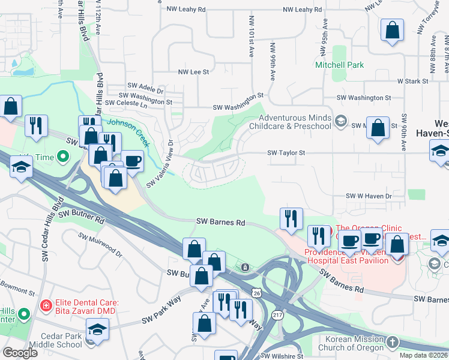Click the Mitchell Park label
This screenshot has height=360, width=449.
pyautogui.click(x=340, y=64)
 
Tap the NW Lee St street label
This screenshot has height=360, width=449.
pyautogui.click(x=193, y=71)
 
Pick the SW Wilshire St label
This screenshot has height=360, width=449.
pyautogui.click(x=282, y=356)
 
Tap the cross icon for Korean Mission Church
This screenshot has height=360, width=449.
pyautogui.click(x=392, y=342)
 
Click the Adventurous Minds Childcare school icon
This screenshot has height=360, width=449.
pyautogui.click(x=340, y=122)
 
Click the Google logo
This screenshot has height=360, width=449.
pyautogui.click(x=20, y=353)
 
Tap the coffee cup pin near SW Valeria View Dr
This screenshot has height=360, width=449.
pyautogui.click(x=133, y=161)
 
